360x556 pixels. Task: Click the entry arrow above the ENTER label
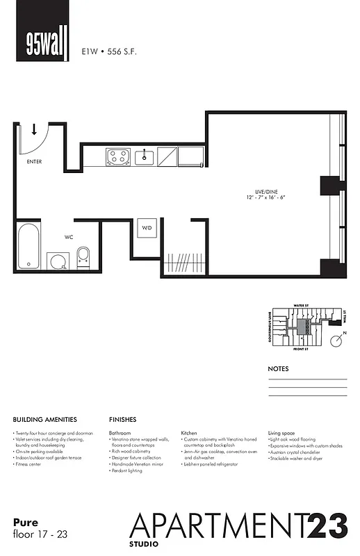34,129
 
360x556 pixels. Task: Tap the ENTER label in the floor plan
34,161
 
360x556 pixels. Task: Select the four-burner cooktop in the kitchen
117,157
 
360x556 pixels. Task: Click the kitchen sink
145,156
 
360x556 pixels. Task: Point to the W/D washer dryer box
147,228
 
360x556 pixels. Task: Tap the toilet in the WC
83,257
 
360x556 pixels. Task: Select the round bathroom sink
58,261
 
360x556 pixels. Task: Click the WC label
69,237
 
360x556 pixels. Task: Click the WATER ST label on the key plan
301,304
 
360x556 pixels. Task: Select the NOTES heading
278,369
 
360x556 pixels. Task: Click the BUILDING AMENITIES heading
45,420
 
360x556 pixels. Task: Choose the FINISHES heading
122,420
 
